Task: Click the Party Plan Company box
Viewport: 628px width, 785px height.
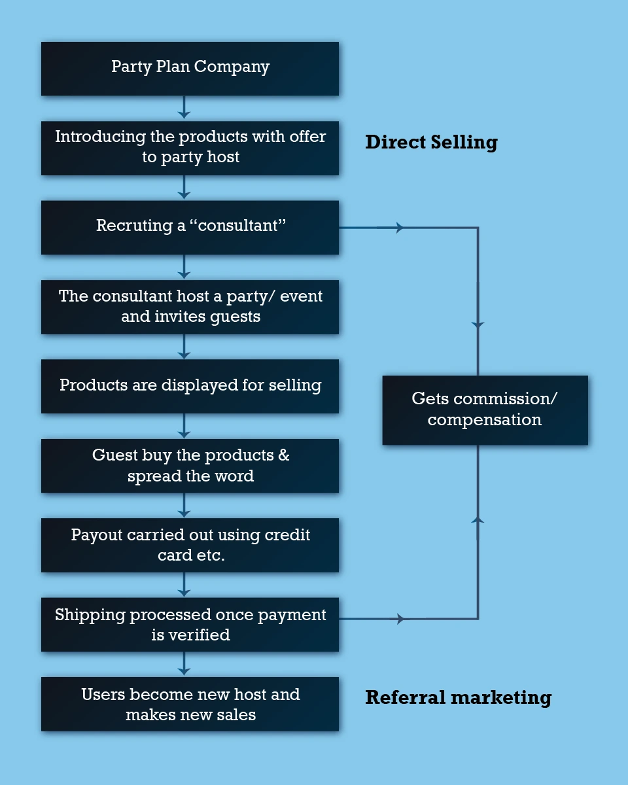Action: pyautogui.click(x=190, y=69)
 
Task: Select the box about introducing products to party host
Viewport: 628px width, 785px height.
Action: pyautogui.click(x=190, y=148)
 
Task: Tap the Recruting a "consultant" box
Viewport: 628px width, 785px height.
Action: pyautogui.click(x=190, y=227)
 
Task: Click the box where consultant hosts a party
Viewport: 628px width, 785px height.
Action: pyautogui.click(x=190, y=307)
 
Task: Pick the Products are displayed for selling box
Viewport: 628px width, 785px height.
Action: pyautogui.click(x=190, y=386)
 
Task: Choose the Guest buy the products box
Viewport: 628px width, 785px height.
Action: pyautogui.click(x=190, y=465)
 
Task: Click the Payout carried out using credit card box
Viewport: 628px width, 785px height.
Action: pyautogui.click(x=190, y=545)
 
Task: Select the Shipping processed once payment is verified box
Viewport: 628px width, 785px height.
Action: pyautogui.click(x=190, y=624)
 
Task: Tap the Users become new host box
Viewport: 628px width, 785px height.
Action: pyautogui.click(x=190, y=704)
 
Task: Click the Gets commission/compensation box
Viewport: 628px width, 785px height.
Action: pyautogui.click(x=485, y=410)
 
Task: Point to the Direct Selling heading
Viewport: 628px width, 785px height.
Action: pyautogui.click(x=431, y=143)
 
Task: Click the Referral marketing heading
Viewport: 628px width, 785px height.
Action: pyautogui.click(x=458, y=697)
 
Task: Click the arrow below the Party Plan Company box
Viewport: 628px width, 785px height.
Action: pyautogui.click(x=184, y=109)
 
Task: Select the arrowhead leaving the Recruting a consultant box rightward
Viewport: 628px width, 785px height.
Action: pyautogui.click(x=399, y=228)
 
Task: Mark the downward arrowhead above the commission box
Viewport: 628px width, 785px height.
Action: pyautogui.click(x=478, y=324)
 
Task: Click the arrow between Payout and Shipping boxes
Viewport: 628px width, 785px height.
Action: pyautogui.click(x=184, y=585)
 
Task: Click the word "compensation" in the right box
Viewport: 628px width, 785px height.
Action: pyautogui.click(x=485, y=420)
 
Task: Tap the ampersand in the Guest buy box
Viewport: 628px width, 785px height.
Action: pyautogui.click(x=283, y=455)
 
